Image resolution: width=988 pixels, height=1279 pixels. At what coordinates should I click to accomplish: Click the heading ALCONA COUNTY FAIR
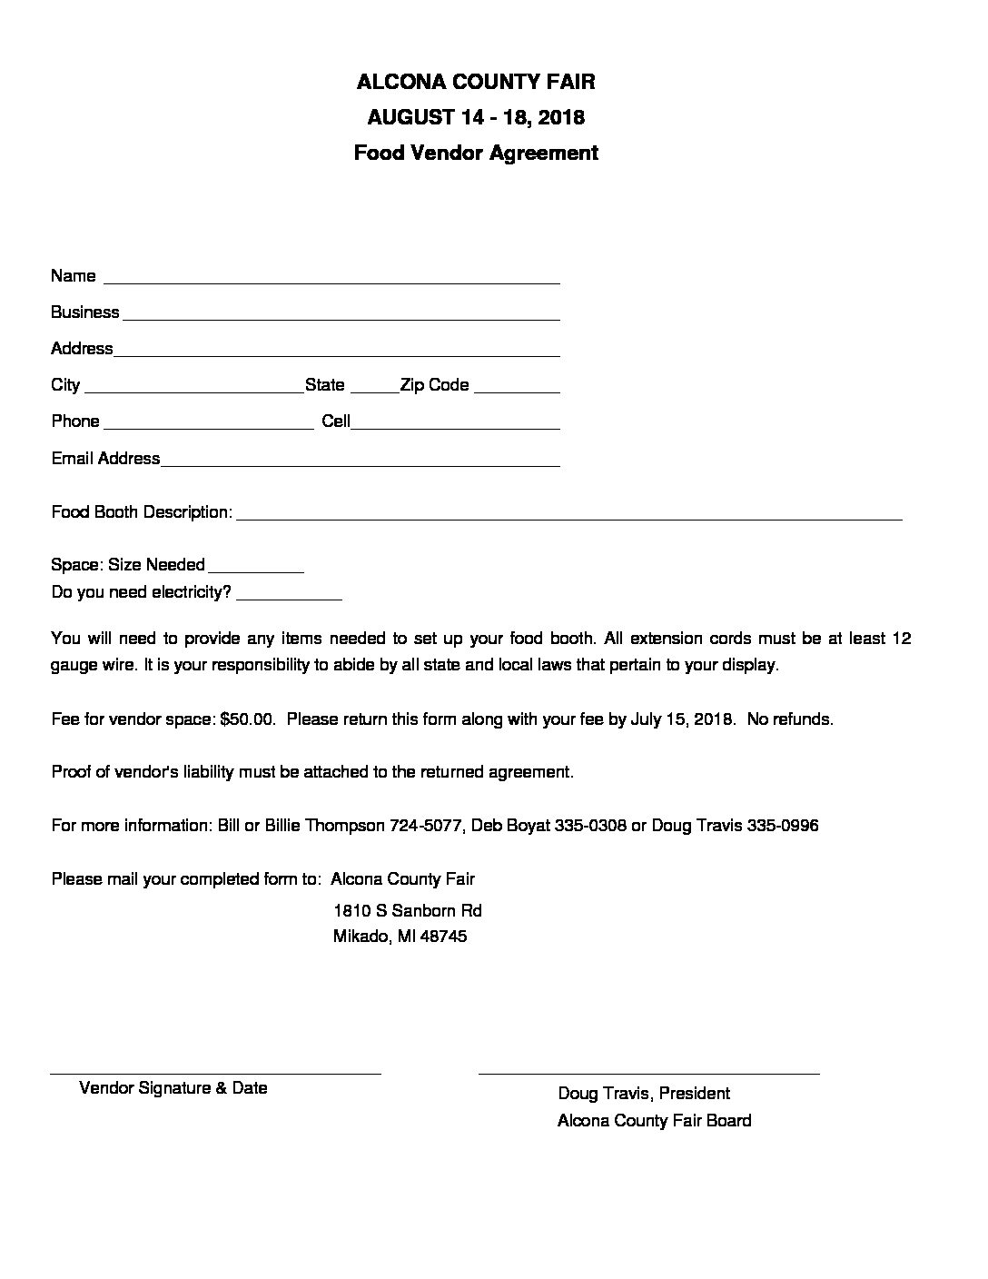pyautogui.click(x=476, y=82)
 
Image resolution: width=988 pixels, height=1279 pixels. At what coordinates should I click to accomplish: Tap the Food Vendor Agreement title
pyautogui.click(x=476, y=153)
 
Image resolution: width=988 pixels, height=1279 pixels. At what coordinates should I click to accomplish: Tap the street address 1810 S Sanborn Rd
pyautogui.click(x=407, y=910)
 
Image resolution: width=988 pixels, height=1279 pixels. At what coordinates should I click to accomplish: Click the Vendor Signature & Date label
pyautogui.click(x=173, y=1088)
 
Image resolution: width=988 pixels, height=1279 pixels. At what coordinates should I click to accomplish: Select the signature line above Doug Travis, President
pyautogui.click(x=648, y=1073)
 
